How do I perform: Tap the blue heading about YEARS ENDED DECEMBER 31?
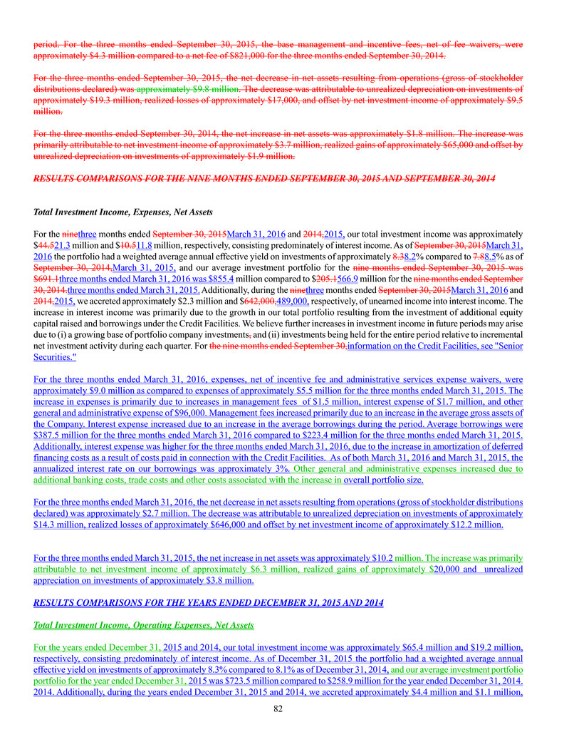click(208, 602)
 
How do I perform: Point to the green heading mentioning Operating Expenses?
click(144, 625)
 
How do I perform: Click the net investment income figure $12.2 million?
click(471, 525)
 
